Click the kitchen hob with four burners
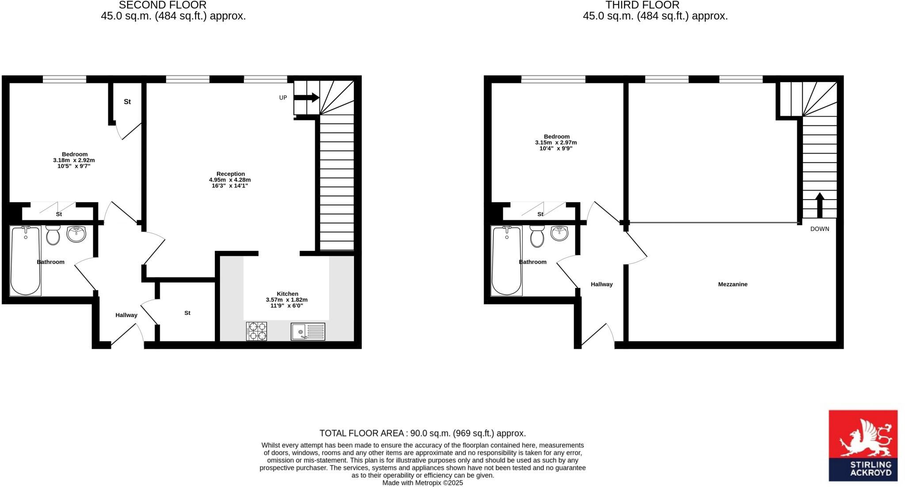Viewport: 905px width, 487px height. click(x=257, y=331)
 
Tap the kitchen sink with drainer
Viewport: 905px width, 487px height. click(x=308, y=331)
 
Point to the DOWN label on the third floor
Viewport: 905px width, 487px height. click(x=820, y=229)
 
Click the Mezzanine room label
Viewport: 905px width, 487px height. click(x=733, y=284)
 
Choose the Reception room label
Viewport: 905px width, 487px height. click(x=230, y=174)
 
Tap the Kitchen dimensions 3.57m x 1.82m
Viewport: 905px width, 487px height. click(x=286, y=300)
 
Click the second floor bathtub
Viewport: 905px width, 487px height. click(x=26, y=260)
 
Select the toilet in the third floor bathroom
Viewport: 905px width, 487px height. click(x=537, y=236)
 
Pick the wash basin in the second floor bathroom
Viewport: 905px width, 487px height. click(x=76, y=234)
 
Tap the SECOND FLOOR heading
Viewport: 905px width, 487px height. click(x=163, y=5)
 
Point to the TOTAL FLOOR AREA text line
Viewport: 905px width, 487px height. click(x=422, y=433)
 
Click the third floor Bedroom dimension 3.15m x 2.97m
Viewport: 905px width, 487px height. click(x=556, y=143)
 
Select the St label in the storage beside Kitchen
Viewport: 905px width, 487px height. click(x=187, y=313)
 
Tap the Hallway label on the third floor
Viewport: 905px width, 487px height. click(x=601, y=284)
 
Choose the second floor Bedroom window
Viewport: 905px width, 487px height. click(x=65, y=79)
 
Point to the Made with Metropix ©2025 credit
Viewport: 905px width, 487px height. click(x=422, y=483)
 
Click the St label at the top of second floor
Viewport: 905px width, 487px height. click(x=127, y=102)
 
